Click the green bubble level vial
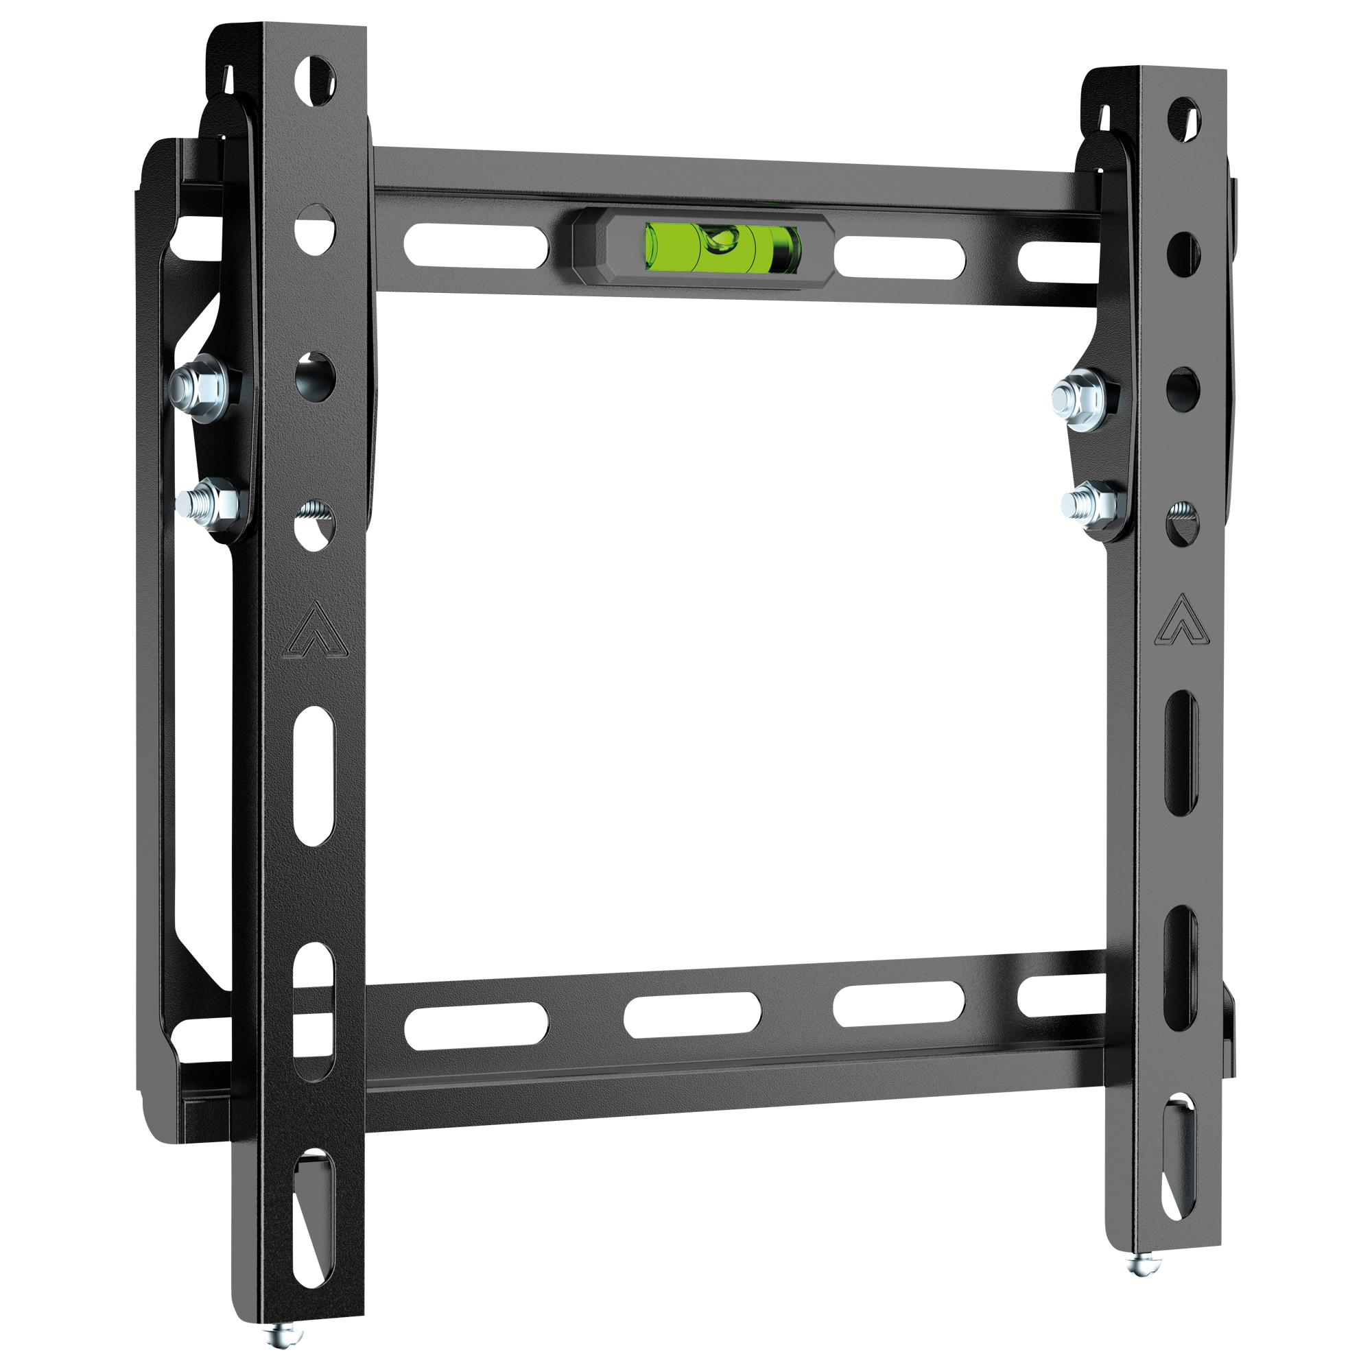(723, 246)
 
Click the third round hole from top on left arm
(316, 375)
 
